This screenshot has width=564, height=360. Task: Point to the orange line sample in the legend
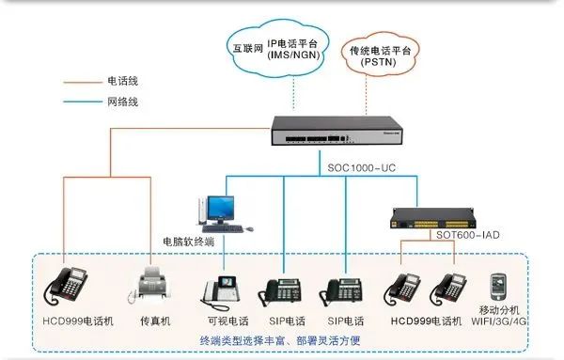(x=82, y=82)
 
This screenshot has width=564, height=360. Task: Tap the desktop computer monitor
(x=222, y=208)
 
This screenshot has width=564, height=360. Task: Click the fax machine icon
(x=155, y=284)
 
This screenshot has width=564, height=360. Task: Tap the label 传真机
(x=155, y=321)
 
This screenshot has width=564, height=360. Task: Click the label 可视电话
(x=225, y=321)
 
